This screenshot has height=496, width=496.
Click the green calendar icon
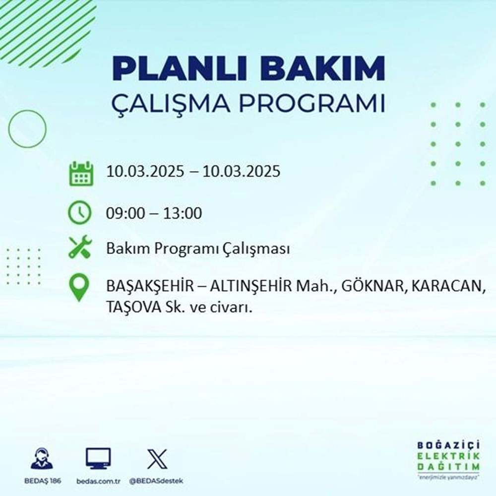point(80,173)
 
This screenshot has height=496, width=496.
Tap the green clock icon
point(79,214)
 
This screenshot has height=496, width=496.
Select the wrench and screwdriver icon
point(79,248)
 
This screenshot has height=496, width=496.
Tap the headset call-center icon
point(41,458)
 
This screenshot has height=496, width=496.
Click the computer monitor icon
point(98,458)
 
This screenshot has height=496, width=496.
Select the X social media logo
point(157,458)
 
